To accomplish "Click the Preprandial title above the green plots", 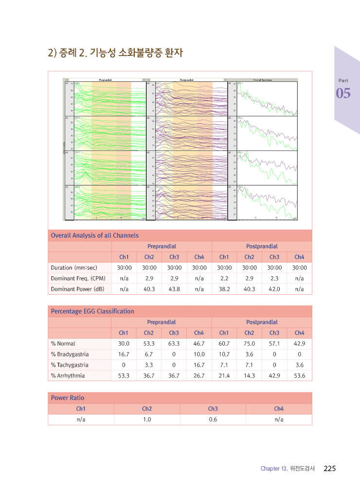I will (x=106, y=79).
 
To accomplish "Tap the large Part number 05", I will (x=343, y=93).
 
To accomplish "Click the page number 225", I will (x=329, y=469).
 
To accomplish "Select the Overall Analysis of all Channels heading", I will (x=94, y=235).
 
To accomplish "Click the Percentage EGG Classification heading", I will (x=92, y=311).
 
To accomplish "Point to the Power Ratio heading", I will (x=68, y=398).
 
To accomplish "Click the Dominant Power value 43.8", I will (x=174, y=289).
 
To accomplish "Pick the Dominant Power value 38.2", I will (x=224, y=289).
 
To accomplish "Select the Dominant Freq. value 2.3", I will (x=274, y=278).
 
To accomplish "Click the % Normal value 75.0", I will (x=249, y=344).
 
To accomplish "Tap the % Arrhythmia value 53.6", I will (x=299, y=376).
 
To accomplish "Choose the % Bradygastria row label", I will (x=70, y=354).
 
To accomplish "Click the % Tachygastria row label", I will (x=70, y=365).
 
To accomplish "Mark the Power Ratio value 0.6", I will (x=213, y=419).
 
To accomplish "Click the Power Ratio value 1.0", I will (x=147, y=419).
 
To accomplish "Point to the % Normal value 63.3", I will (x=174, y=344).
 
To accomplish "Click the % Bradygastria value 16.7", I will (x=124, y=354).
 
